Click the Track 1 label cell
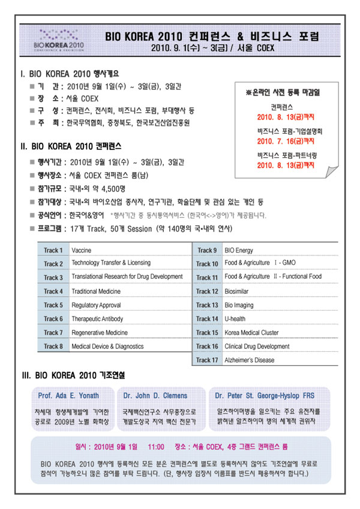coord(53,250)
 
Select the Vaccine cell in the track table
coord(82,250)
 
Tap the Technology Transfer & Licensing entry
coord(111,263)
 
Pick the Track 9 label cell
coord(206,250)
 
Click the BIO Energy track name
coord(239,250)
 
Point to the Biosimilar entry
coord(237,291)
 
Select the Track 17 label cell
coord(206,360)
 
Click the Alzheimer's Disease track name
coord(249,360)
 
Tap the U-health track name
coord(235,319)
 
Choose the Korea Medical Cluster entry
coord(251,333)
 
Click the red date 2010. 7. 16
coord(277,141)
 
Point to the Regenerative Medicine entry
coord(100,333)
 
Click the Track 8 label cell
coord(53,347)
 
